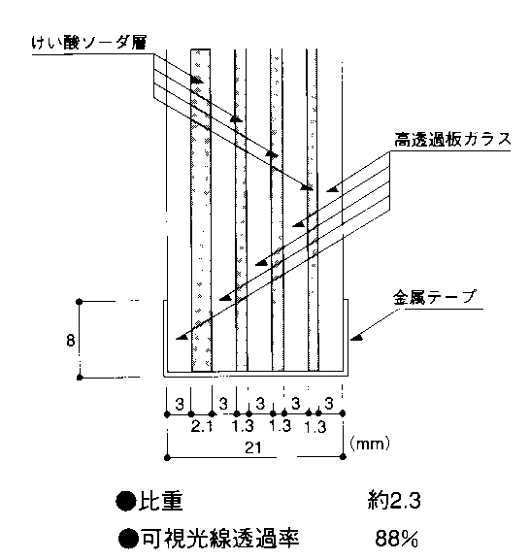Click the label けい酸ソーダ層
(x=89, y=43)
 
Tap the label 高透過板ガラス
(x=453, y=139)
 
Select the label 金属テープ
(x=435, y=297)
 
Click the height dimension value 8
(x=70, y=340)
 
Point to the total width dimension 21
(x=253, y=447)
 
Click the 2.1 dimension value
(x=202, y=426)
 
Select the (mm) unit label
(x=370, y=444)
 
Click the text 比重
(x=161, y=501)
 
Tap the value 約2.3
(x=394, y=501)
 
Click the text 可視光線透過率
(x=220, y=539)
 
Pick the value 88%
(x=396, y=539)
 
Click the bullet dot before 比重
(x=126, y=501)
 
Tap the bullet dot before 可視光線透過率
(x=128, y=539)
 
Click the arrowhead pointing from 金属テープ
(x=356, y=337)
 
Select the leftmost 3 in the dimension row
(x=180, y=404)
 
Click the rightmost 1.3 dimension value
(x=315, y=427)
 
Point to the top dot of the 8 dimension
(x=80, y=302)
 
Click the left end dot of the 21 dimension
(x=167, y=457)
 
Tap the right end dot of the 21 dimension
(x=343, y=456)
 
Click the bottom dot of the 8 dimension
(x=80, y=378)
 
